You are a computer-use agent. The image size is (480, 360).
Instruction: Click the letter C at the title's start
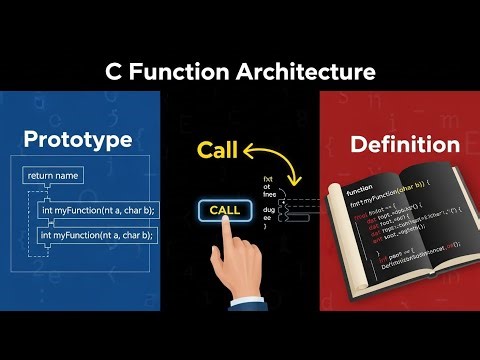point(113,72)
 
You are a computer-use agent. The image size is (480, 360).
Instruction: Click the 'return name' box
point(53,176)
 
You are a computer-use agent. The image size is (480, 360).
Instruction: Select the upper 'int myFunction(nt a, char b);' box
point(96,210)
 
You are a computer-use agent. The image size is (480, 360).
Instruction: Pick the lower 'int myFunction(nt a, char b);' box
point(96,235)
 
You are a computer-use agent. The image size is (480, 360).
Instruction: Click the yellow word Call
point(218,151)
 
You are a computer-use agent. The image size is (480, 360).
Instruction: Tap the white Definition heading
point(404,145)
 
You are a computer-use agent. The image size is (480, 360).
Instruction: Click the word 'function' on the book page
point(360,188)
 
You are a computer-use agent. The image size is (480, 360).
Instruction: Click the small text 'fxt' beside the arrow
point(268,178)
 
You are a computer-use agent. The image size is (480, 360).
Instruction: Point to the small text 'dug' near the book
point(268,211)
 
